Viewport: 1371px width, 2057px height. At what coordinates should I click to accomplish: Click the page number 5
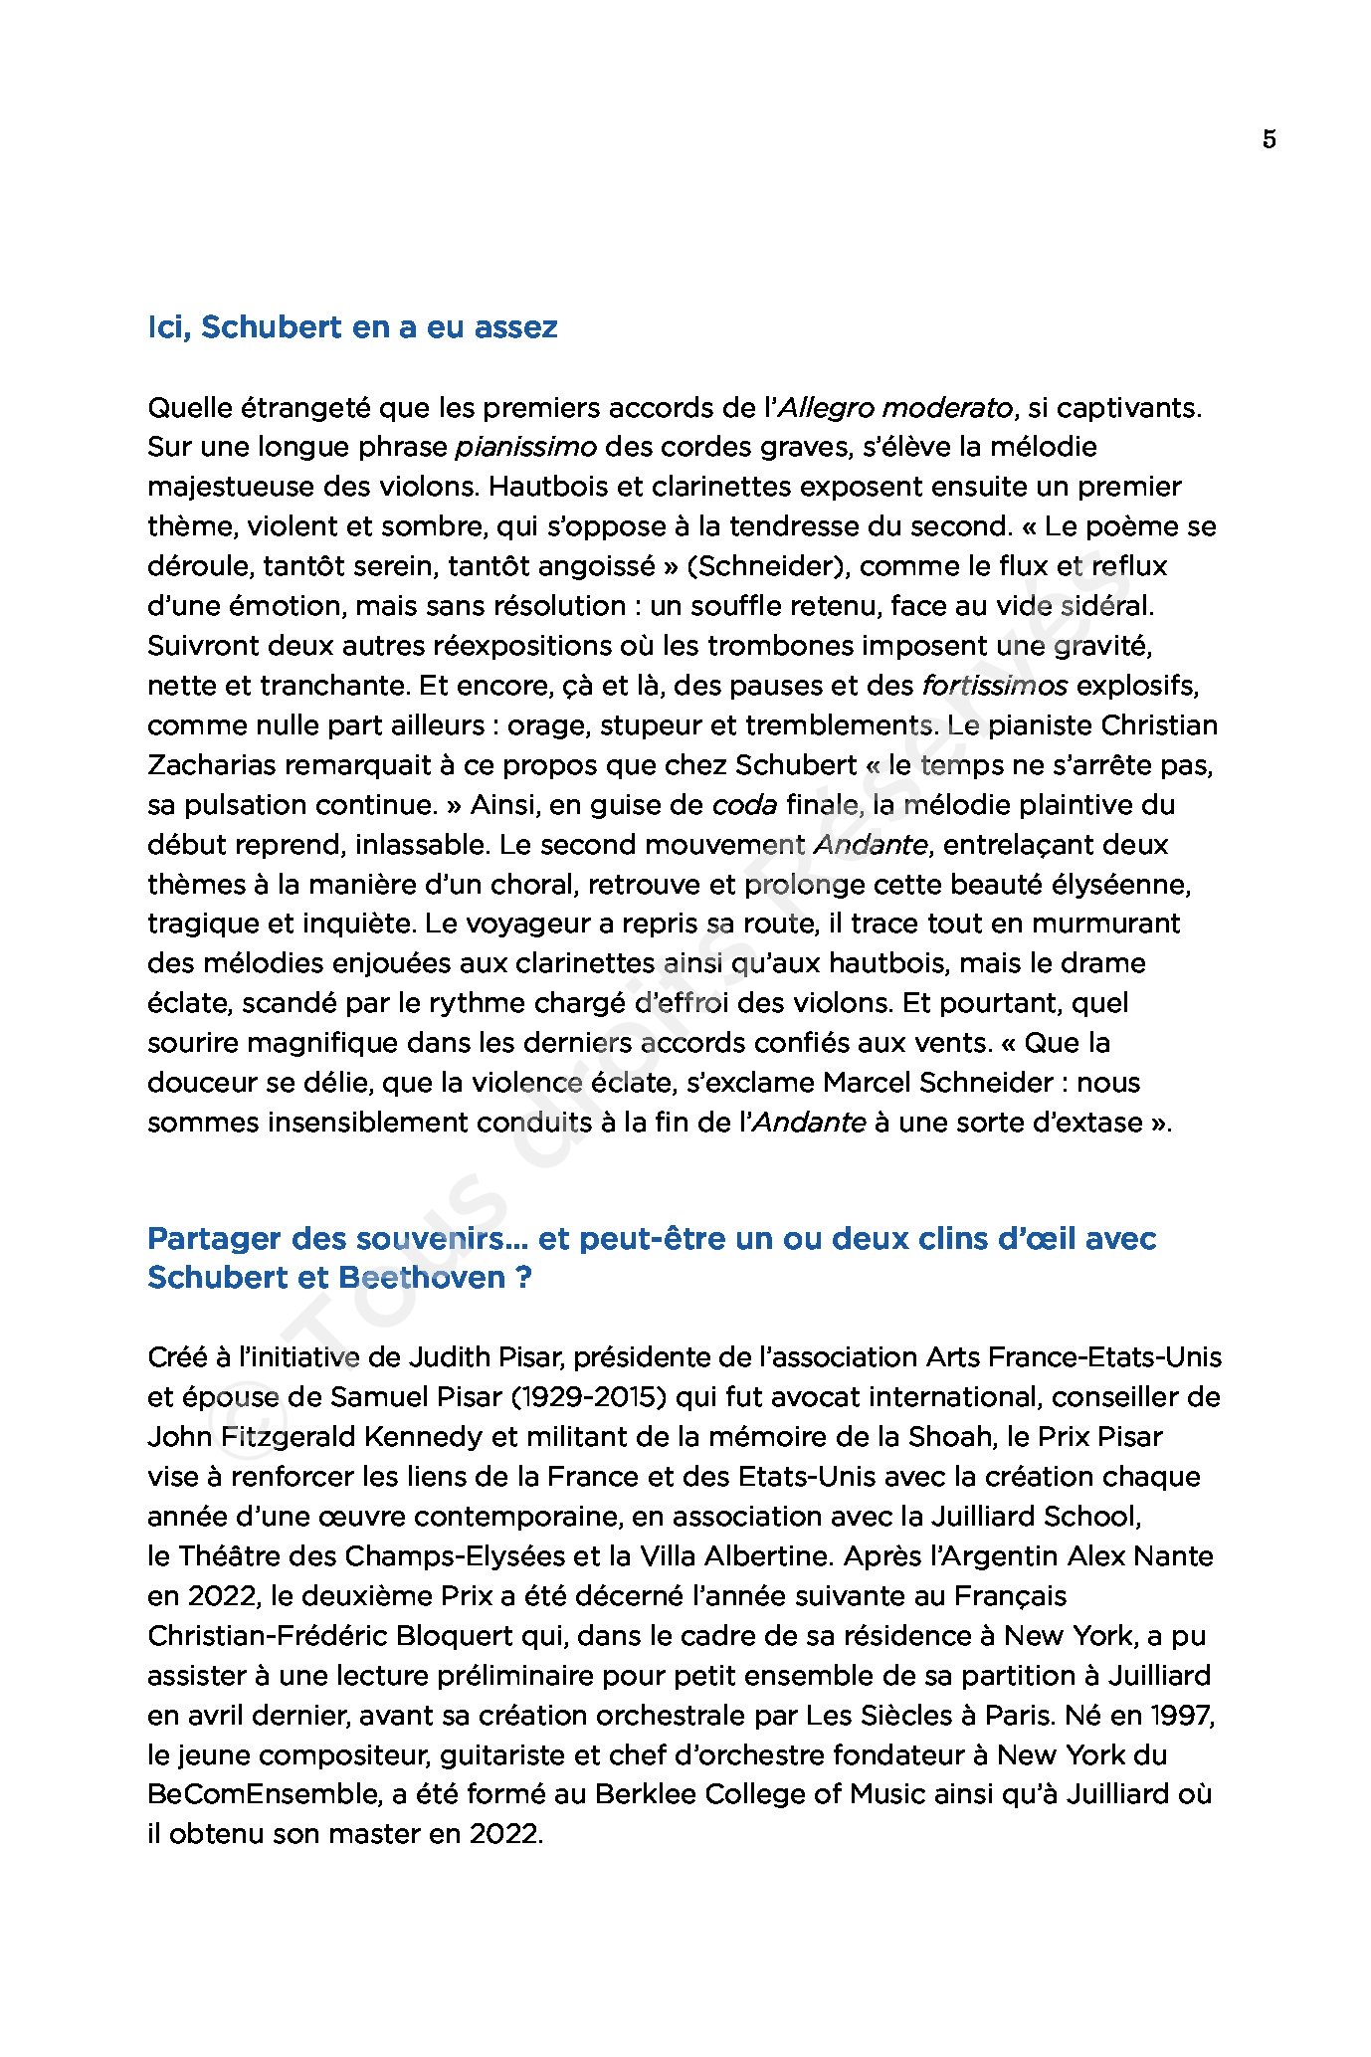point(1269,139)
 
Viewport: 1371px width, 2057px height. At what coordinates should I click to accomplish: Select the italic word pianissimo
point(525,447)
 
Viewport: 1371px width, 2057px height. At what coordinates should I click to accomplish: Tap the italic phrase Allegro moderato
point(894,407)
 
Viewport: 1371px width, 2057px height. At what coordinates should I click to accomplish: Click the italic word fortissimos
point(995,686)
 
